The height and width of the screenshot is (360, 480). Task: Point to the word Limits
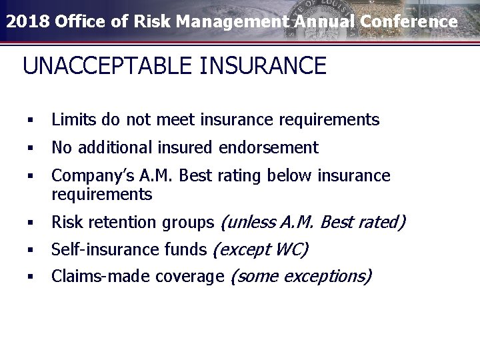73,120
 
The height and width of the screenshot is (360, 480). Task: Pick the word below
291,176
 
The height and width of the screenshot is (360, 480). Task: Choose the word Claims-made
93,277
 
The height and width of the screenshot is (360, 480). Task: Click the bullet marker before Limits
31,121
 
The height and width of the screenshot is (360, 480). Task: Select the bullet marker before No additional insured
31,148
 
